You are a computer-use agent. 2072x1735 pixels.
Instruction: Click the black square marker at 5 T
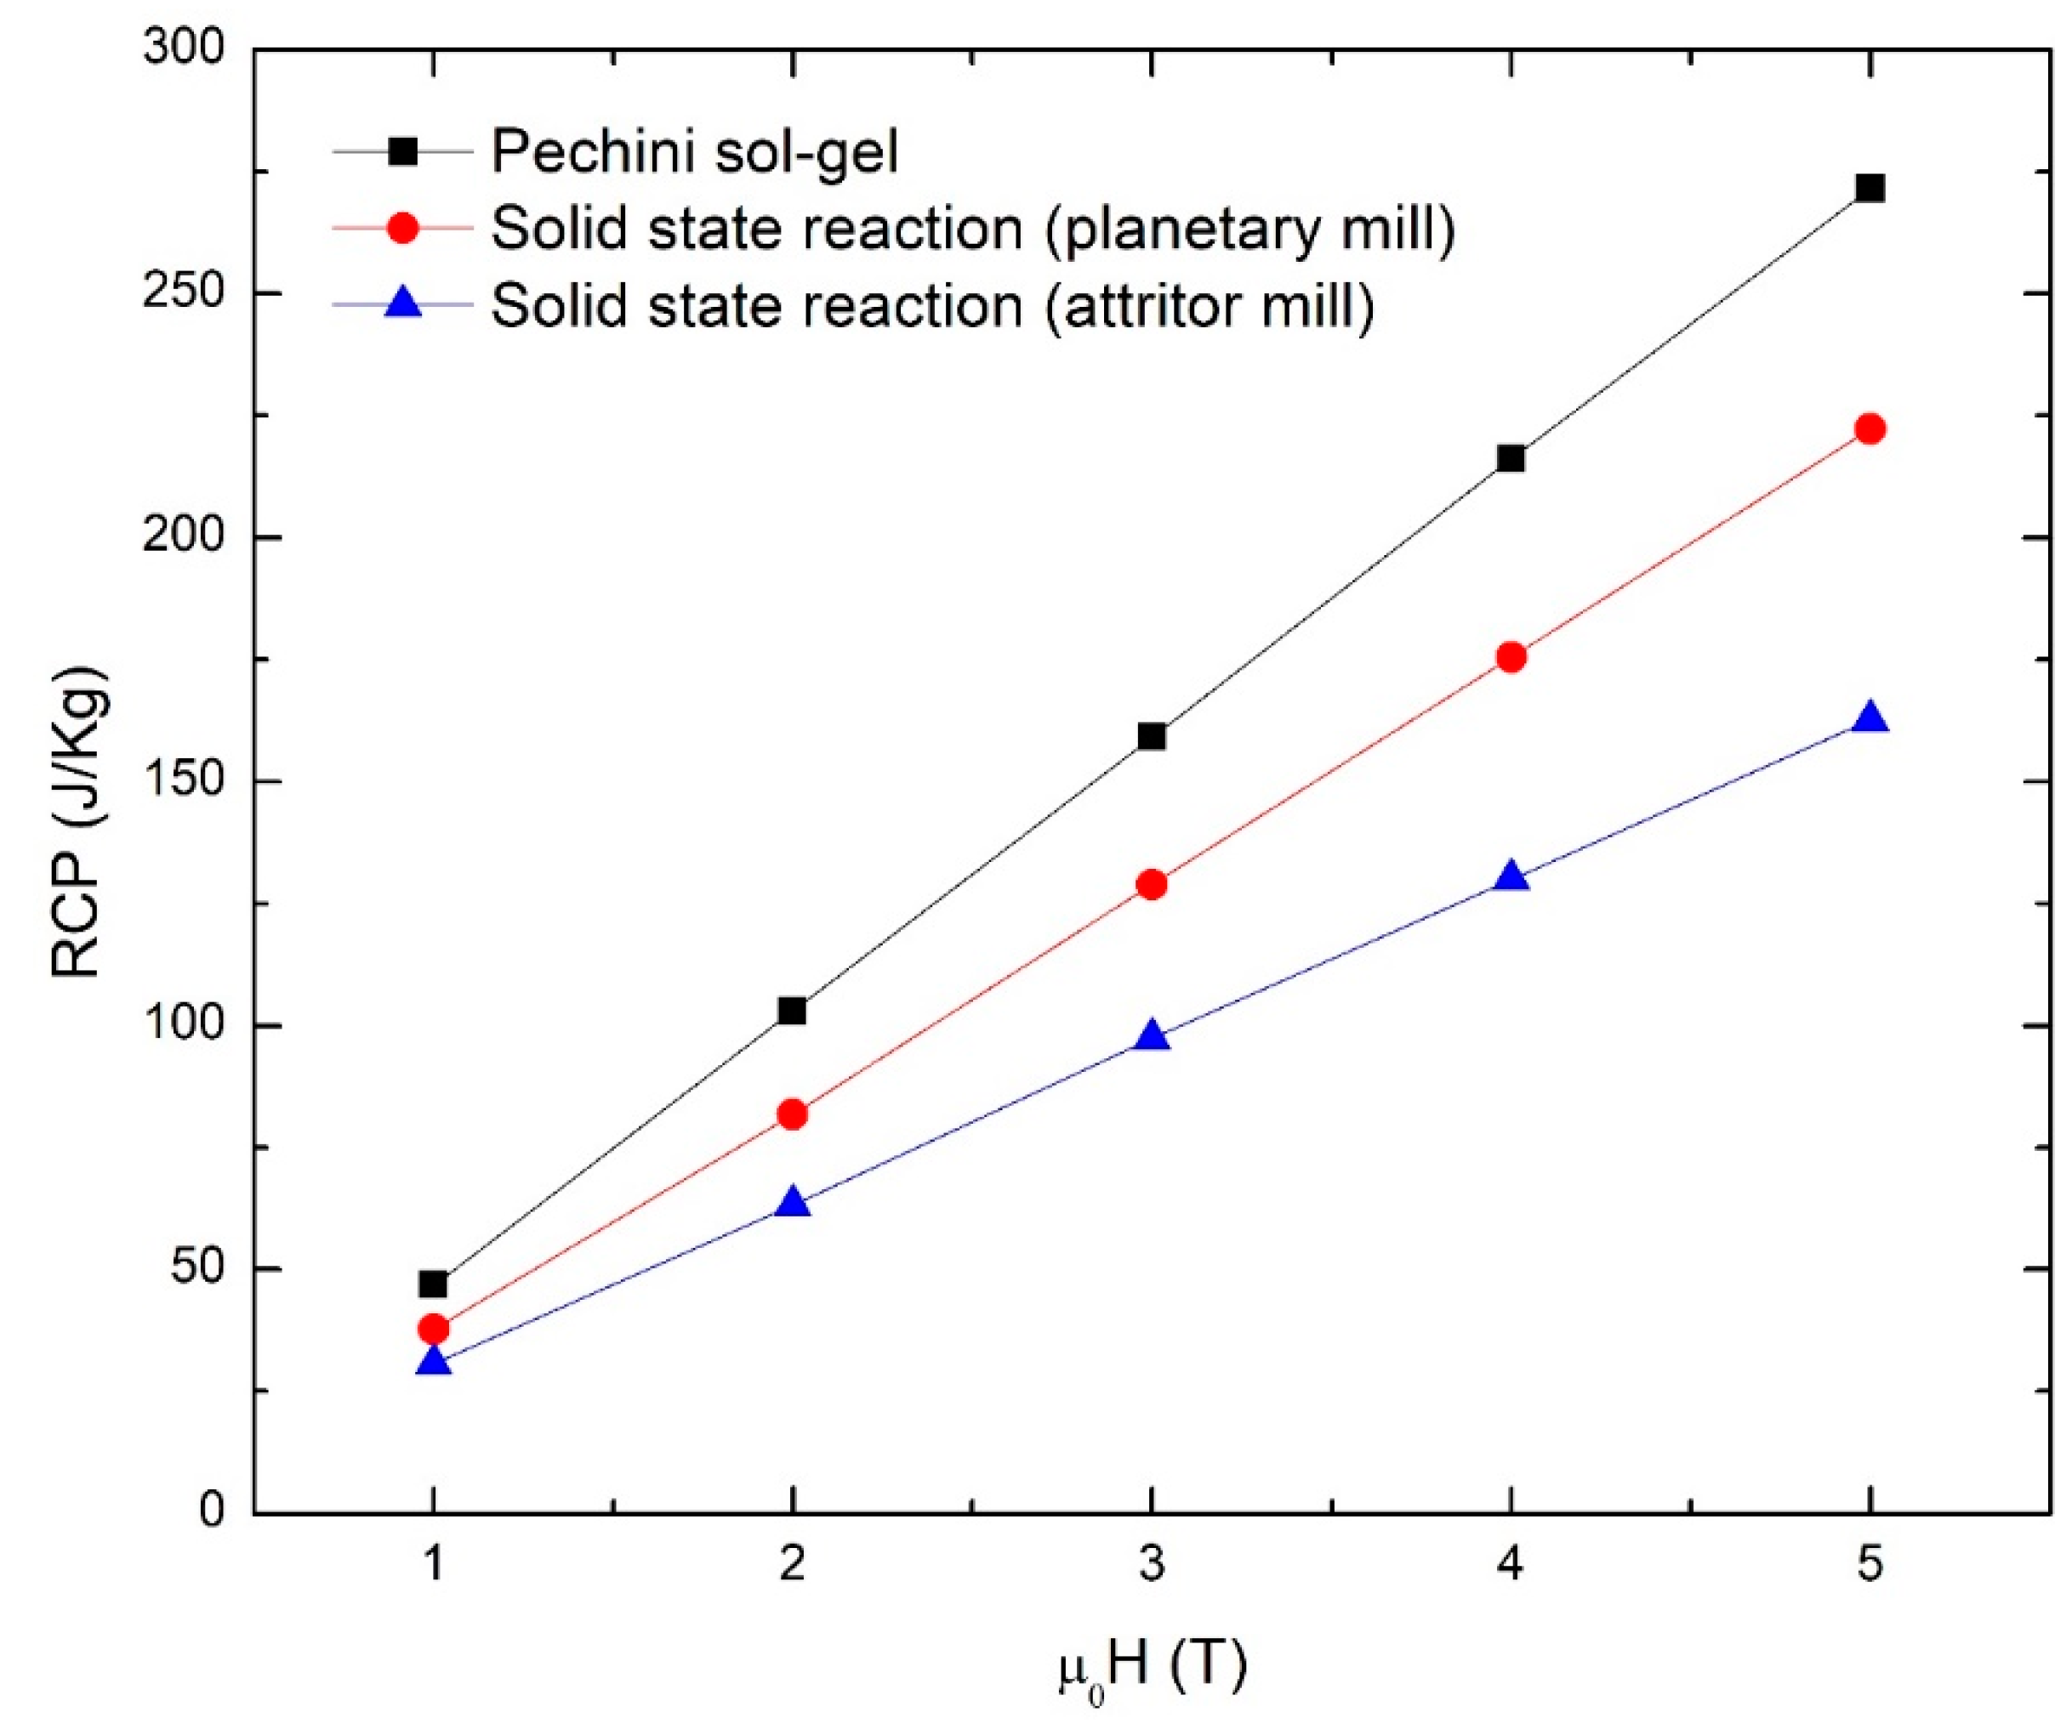(x=1870, y=189)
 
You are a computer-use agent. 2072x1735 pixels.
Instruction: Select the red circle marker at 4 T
(x=1511, y=657)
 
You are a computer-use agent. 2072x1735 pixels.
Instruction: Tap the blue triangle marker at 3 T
(x=1152, y=1036)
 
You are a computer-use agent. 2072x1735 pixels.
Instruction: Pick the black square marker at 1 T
(x=433, y=1284)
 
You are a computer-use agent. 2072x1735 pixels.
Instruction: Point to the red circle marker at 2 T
(x=792, y=1114)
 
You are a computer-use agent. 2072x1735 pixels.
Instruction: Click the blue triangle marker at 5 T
(x=1870, y=718)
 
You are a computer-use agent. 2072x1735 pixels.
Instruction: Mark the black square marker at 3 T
(x=1152, y=737)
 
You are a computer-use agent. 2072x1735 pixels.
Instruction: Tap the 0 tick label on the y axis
(x=212, y=1512)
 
